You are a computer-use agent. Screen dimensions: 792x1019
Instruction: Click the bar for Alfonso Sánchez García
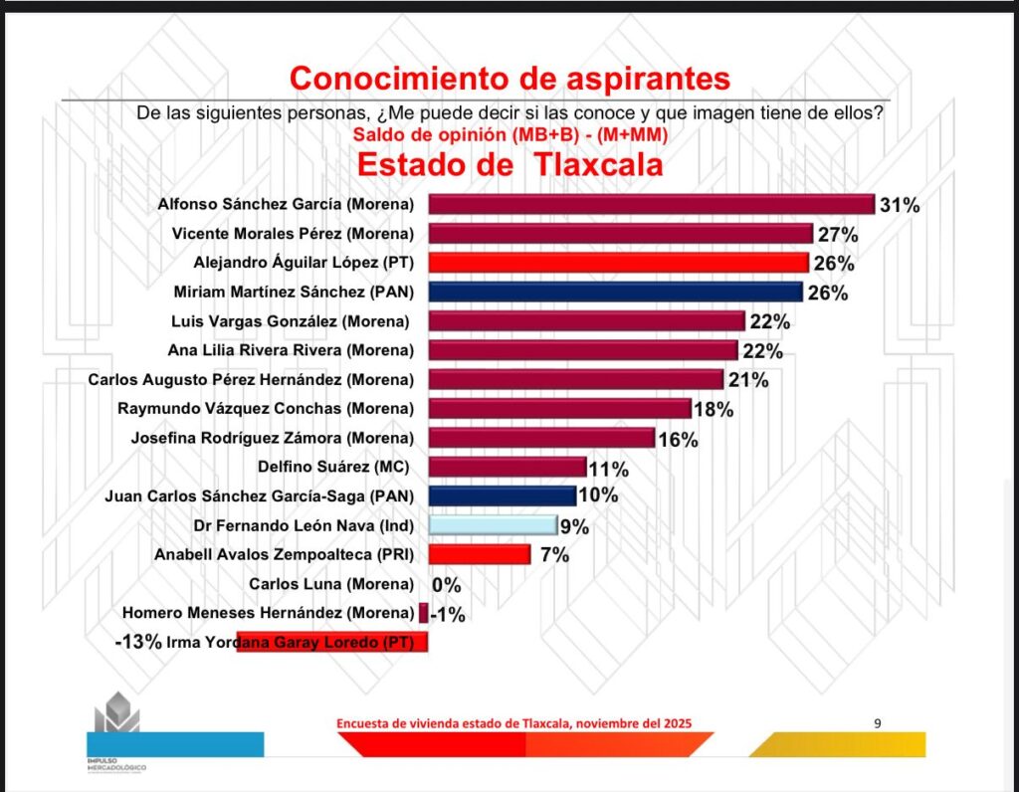pyautogui.click(x=651, y=205)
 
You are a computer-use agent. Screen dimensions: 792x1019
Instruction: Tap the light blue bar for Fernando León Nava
pyautogui.click(x=492, y=525)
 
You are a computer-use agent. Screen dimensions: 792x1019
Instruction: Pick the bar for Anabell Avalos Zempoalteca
pyautogui.click(x=479, y=554)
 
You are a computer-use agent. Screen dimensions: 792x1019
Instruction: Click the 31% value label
pyautogui.click(x=900, y=206)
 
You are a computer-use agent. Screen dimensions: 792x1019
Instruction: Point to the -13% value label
pyautogui.click(x=138, y=642)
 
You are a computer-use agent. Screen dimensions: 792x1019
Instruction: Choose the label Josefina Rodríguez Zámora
pyautogui.click(x=273, y=438)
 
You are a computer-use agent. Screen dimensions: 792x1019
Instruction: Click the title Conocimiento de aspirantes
pyautogui.click(x=509, y=77)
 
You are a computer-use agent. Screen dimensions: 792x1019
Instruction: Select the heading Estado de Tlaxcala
pyautogui.click(x=509, y=163)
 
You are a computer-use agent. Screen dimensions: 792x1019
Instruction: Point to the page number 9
pyautogui.click(x=877, y=723)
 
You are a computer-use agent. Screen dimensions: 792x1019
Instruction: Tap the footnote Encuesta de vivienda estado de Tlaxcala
pyautogui.click(x=513, y=723)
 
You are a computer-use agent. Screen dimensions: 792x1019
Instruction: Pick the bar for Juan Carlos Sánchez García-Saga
pyautogui.click(x=502, y=495)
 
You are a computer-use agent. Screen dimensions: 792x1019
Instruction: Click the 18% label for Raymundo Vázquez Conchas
pyautogui.click(x=713, y=409)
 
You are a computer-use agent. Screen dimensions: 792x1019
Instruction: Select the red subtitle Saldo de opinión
pyautogui.click(x=510, y=133)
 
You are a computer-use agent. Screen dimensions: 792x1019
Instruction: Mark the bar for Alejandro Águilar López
pyautogui.click(x=618, y=263)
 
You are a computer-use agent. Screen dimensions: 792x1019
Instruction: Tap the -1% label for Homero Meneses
pyautogui.click(x=448, y=614)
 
